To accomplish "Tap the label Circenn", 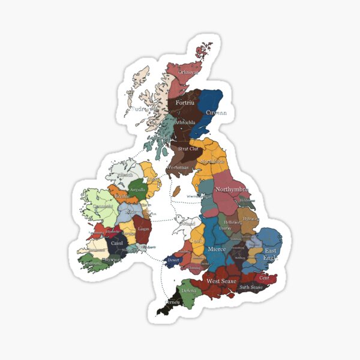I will (216, 112).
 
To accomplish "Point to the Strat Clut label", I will (188, 148).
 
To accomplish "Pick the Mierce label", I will (217, 248).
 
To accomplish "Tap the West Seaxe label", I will (221, 281).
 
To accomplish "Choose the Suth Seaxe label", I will (251, 287).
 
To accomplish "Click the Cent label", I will (263, 278).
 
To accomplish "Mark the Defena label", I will (190, 290).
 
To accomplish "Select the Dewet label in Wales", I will (173, 260).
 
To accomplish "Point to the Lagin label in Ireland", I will (143, 229).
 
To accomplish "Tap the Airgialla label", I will (137, 188).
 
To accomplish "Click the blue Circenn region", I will (211, 102).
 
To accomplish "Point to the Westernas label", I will (178, 167).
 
